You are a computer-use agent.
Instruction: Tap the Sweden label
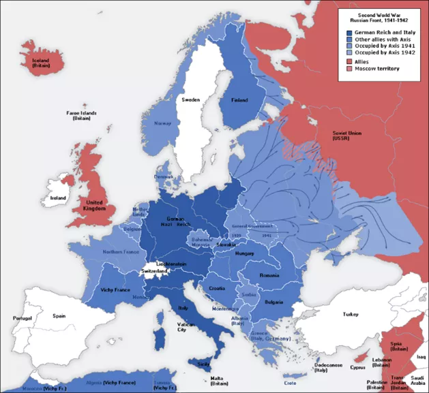190,100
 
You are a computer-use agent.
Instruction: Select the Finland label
239,100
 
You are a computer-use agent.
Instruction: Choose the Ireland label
57,198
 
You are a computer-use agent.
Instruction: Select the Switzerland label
154,271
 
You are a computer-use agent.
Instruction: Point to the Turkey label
351,314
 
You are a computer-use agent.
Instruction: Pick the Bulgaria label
273,302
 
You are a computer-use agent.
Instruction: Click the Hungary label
244,253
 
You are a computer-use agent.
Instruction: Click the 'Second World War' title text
380,14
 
